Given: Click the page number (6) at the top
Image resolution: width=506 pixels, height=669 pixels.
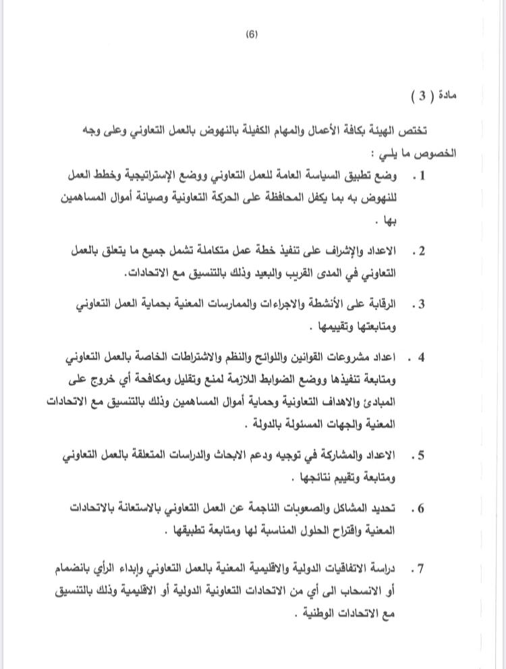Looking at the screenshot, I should click(253, 35).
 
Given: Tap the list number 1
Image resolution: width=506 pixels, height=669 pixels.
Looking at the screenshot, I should click(423, 176).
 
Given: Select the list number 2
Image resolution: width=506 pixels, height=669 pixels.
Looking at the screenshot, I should click(422, 251).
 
